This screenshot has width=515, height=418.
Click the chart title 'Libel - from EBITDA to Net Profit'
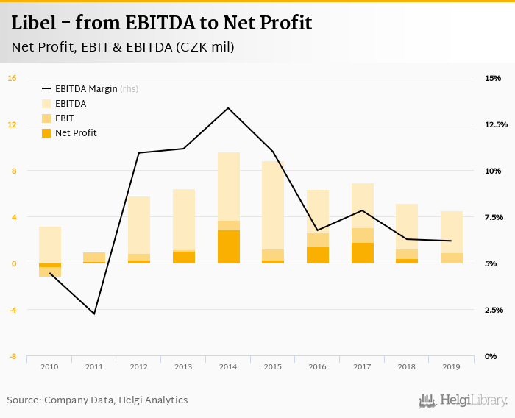161,23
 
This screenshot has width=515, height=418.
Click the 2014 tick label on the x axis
228,366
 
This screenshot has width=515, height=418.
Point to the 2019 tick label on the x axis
452,366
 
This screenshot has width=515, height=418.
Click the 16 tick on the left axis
12,78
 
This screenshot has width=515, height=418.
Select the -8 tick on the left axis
12,356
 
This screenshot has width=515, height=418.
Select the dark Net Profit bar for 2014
228,247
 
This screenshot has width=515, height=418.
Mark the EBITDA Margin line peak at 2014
228,108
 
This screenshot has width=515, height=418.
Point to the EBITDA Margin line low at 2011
94,313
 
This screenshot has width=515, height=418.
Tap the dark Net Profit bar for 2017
363,253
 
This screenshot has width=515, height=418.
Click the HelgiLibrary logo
464,400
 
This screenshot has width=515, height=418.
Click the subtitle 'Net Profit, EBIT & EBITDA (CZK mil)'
123,47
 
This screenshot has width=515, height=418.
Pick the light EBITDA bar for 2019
452,232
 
